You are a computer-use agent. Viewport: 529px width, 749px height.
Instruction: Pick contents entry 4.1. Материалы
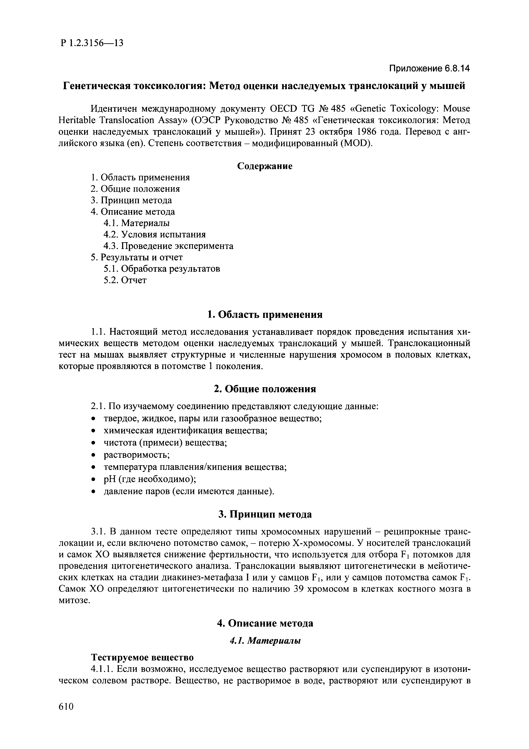click(x=137, y=223)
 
